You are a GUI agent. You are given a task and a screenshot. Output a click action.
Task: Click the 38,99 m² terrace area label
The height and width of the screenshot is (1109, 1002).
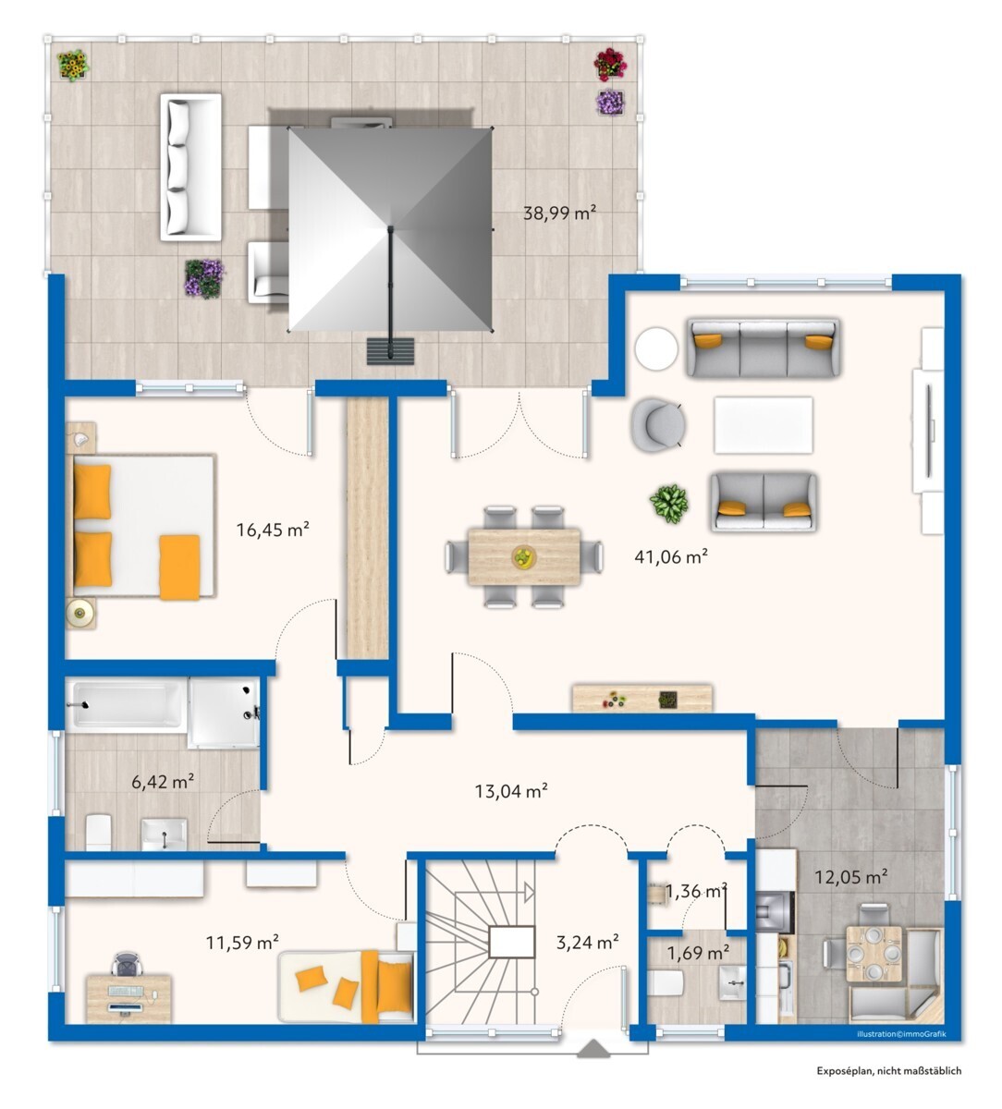click(559, 213)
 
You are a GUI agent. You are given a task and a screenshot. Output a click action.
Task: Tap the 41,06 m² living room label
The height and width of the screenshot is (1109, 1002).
click(671, 556)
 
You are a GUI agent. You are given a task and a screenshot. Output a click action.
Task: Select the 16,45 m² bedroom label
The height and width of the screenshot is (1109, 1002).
click(273, 530)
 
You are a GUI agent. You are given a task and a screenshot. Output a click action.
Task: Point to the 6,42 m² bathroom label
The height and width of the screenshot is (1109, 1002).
click(163, 782)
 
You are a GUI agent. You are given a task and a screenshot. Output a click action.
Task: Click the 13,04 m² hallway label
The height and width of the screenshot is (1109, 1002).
click(511, 791)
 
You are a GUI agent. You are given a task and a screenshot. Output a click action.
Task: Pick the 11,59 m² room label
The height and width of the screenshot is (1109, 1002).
click(242, 942)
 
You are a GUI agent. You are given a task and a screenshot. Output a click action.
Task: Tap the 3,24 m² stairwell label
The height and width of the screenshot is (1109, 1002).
click(587, 942)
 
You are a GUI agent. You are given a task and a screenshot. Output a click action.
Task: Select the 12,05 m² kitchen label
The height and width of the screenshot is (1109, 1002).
click(851, 877)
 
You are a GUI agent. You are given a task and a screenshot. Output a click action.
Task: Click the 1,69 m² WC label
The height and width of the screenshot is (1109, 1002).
click(698, 953)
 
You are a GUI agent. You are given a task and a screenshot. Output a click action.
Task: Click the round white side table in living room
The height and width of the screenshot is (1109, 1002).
click(656, 348)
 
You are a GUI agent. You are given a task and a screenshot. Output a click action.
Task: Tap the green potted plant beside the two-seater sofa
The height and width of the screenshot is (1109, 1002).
click(669, 504)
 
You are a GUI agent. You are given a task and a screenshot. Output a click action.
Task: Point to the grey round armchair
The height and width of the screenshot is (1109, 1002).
click(658, 424)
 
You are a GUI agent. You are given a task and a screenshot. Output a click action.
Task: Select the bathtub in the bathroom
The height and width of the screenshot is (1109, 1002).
click(126, 705)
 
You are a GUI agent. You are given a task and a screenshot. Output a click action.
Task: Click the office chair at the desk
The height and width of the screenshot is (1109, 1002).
click(128, 964)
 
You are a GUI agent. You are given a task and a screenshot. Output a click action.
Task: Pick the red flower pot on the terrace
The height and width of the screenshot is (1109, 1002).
click(610, 64)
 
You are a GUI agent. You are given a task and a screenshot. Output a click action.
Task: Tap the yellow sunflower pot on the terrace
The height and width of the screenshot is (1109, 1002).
click(73, 66)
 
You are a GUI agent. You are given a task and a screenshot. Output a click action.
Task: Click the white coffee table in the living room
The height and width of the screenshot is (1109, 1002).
click(764, 425)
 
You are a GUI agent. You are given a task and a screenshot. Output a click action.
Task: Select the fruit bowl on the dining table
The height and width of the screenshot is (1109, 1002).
click(524, 556)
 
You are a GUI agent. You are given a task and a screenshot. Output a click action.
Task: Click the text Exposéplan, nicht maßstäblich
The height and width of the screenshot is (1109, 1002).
click(889, 1086)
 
